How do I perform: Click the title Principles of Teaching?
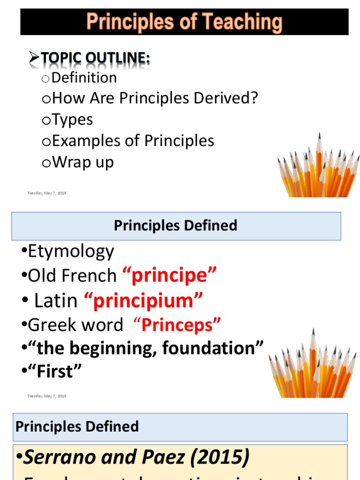pyautogui.click(x=184, y=22)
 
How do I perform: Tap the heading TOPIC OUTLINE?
pyautogui.click(x=96, y=58)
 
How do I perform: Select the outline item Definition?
pyautogui.click(x=84, y=77)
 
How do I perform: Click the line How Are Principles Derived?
pyautogui.click(x=155, y=98)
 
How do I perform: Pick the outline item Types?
pyautogui.click(x=72, y=120)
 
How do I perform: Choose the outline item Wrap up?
pyautogui.click(x=82, y=162)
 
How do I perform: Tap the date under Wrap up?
pyautogui.click(x=47, y=193)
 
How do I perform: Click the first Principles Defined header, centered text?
pyautogui.click(x=176, y=225)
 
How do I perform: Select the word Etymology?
pyautogui.click(x=71, y=252)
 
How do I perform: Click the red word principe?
pyautogui.click(x=170, y=276)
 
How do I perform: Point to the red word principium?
pyautogui.click(x=143, y=300)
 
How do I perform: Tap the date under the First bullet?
pyautogui.click(x=47, y=396)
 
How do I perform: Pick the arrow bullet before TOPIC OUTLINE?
pyautogui.click(x=34, y=58)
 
